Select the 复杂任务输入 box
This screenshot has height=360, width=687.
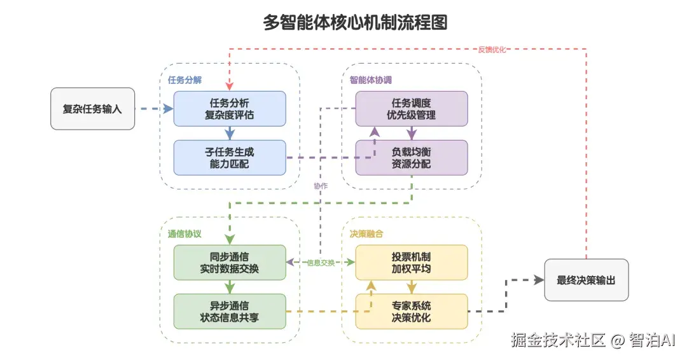click(x=92, y=109)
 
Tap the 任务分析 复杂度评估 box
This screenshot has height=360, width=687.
click(x=230, y=109)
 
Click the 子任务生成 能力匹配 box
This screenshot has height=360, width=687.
click(x=230, y=158)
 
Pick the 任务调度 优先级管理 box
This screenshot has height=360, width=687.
click(x=411, y=109)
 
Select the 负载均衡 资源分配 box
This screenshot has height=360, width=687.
click(x=411, y=158)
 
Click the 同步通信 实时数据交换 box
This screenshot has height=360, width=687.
click(x=230, y=263)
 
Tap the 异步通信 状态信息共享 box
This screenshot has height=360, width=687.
click(x=230, y=311)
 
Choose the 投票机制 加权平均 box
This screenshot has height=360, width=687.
click(x=411, y=263)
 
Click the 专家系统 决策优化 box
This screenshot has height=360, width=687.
click(x=411, y=311)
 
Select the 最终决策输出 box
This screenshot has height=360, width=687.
click(x=586, y=280)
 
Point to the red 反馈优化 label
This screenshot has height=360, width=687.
click(x=492, y=50)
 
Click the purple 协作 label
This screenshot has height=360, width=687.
click(x=321, y=186)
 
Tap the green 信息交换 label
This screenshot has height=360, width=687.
click(x=321, y=263)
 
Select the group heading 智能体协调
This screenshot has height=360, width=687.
click(x=370, y=80)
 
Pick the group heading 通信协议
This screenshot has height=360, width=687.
click(x=184, y=233)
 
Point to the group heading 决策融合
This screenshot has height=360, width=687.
click(x=366, y=233)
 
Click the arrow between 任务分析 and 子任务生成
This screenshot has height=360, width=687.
click(x=230, y=133)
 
